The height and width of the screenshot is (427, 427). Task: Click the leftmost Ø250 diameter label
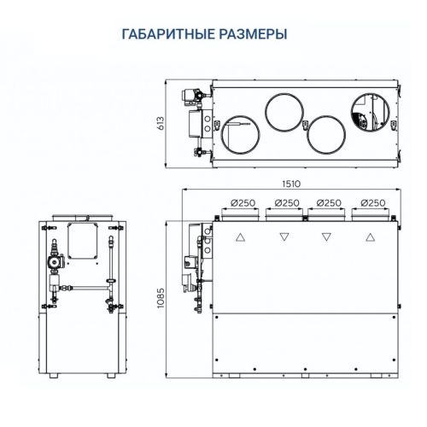tap(245, 202)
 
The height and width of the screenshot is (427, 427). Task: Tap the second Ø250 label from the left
tap(288, 202)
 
